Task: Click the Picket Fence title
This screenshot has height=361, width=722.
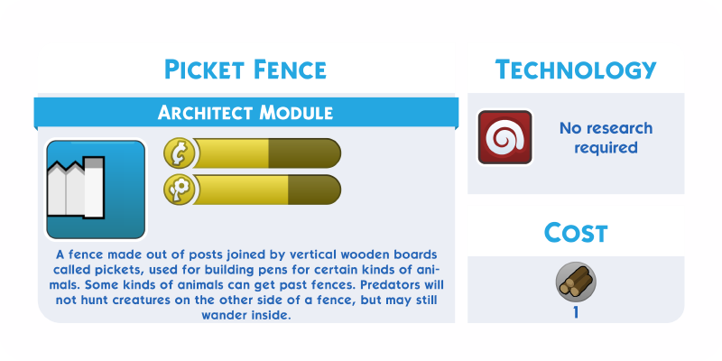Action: click(245, 69)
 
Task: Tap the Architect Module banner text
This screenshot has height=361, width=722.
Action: click(245, 112)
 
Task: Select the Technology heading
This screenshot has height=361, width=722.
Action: click(576, 69)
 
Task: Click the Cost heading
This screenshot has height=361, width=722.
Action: click(576, 233)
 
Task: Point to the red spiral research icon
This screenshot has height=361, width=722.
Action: click(505, 137)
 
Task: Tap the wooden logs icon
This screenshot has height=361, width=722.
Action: click(576, 282)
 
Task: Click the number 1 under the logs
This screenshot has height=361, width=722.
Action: click(576, 312)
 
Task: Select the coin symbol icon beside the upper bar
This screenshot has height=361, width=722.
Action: click(178, 153)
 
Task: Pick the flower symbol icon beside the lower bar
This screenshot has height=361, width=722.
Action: click(178, 190)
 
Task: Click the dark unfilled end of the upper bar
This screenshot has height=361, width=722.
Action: click(304, 153)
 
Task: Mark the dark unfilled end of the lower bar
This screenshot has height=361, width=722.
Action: click(314, 190)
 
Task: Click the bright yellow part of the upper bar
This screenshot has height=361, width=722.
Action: click(231, 153)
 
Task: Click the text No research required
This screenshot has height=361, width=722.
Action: click(606, 138)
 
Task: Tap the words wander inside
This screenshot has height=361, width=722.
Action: click(246, 316)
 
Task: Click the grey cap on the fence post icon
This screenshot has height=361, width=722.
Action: click(94, 162)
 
